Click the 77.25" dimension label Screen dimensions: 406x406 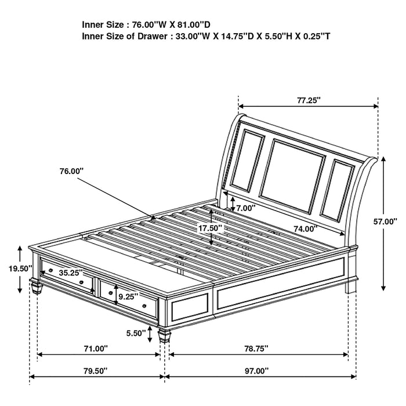point(309,100)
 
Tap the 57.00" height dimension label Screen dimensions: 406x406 point(385,221)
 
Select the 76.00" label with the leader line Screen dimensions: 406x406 point(71,171)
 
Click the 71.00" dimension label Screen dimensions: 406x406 point(96,349)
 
